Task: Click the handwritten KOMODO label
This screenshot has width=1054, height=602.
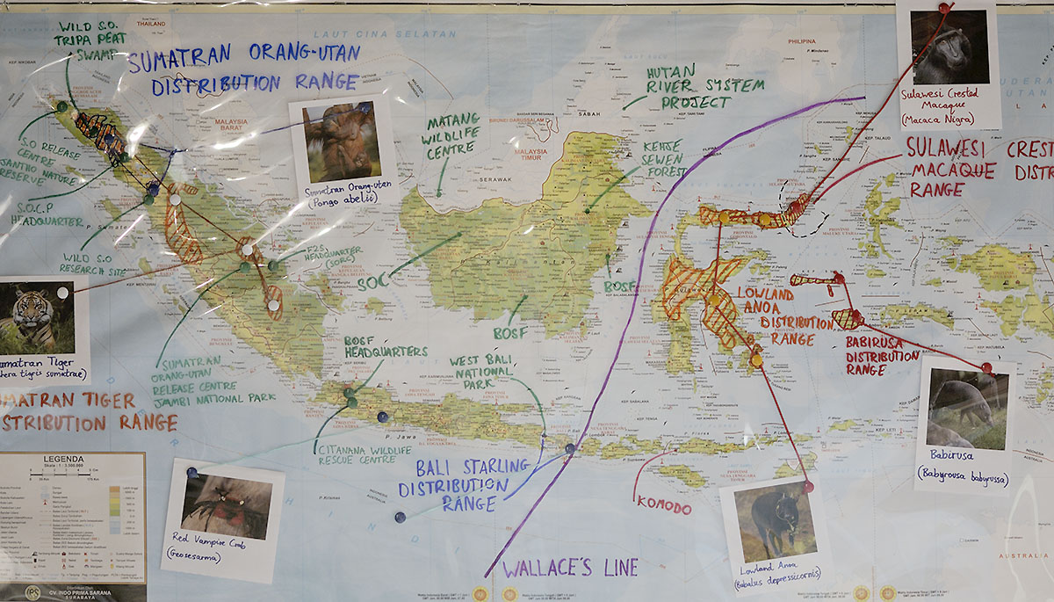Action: point(663,507)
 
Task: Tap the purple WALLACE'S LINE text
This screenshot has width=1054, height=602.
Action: point(570,567)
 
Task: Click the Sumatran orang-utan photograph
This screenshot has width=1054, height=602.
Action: point(342,141)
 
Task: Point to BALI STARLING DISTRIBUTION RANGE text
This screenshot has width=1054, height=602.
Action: point(461,484)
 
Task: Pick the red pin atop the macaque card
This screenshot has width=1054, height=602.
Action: point(945,8)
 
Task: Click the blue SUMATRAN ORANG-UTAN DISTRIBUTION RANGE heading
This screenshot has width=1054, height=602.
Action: point(243,68)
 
